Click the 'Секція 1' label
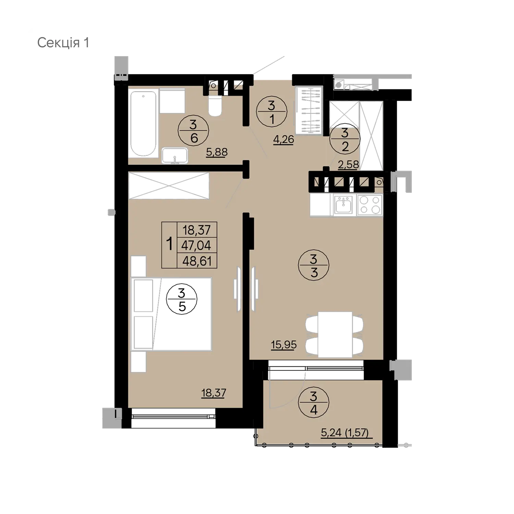click(63, 43)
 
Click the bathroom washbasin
click(175, 156)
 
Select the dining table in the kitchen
click(335, 334)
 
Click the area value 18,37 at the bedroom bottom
click(213, 393)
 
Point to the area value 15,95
click(284, 344)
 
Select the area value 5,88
click(217, 152)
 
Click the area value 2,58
click(348, 164)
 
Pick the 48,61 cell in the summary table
click(197, 261)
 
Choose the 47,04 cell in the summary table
click(197, 245)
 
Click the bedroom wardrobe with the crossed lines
click(169, 185)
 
